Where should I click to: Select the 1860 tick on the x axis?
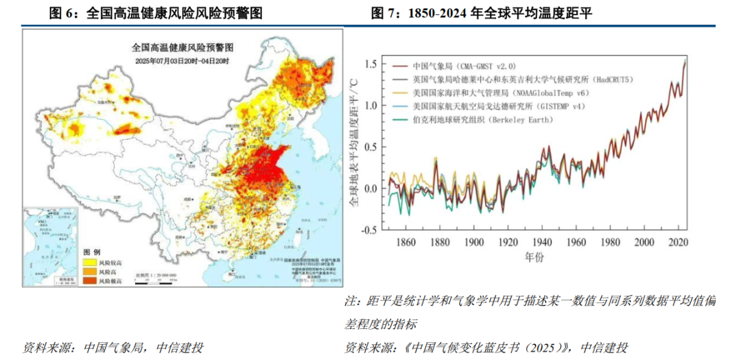pos(406,243)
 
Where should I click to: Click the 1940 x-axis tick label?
pos(541,243)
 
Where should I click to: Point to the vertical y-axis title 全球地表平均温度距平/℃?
pos(354,147)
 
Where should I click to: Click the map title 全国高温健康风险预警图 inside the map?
pos(183,48)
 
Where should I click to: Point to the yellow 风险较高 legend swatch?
pos(90,262)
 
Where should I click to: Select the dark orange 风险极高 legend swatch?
pos(90,280)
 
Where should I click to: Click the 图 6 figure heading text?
pos(154,13)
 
